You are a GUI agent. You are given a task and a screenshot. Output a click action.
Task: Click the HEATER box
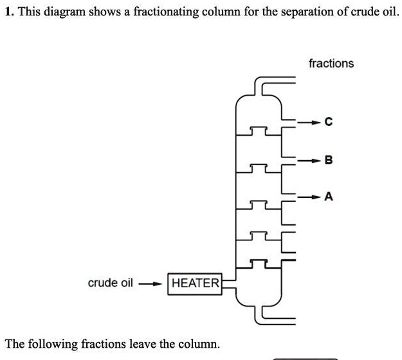pos(195,283)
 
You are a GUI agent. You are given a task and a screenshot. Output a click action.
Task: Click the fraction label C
pos(329,122)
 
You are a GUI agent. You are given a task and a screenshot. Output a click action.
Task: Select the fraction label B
pos(329,159)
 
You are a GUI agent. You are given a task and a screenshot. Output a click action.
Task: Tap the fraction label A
pos(329,197)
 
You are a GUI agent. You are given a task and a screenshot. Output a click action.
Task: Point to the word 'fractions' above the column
pos(331,63)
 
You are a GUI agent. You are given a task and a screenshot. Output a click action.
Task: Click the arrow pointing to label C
pos(311,122)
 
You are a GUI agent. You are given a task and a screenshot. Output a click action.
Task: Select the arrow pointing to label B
pos(311,159)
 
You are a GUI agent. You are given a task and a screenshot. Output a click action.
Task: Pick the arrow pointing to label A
pos(311,197)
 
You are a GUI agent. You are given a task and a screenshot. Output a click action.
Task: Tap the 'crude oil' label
pos(110,283)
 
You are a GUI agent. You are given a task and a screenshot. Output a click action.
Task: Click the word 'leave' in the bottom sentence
pos(142,344)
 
